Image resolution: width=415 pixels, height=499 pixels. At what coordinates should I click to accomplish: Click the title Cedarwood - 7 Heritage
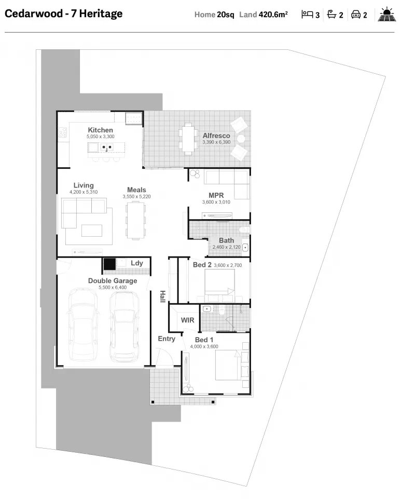(x=64, y=14)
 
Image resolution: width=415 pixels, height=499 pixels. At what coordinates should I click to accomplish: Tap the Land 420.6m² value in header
(x=264, y=15)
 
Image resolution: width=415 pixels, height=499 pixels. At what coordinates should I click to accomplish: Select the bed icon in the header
(x=307, y=15)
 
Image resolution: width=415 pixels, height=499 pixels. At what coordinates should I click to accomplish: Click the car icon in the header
(x=356, y=15)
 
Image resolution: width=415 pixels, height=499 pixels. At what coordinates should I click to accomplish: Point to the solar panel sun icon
(x=386, y=15)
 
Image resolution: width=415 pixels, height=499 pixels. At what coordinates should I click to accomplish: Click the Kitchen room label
(x=100, y=130)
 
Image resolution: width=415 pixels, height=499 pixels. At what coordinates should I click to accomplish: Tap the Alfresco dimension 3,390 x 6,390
(x=216, y=142)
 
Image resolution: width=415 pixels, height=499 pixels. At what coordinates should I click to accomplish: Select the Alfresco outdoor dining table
(x=188, y=139)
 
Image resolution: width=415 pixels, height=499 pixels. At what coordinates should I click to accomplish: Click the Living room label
(x=84, y=185)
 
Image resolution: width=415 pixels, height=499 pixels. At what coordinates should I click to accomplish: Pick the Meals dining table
(x=136, y=220)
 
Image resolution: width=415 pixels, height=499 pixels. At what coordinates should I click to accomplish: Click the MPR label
(x=216, y=195)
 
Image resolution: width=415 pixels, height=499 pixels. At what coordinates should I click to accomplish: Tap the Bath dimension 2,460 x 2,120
(x=226, y=248)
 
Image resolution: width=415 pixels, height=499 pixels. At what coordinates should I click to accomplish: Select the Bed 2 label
(x=202, y=265)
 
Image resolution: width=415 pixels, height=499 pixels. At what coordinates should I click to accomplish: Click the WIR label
(x=187, y=320)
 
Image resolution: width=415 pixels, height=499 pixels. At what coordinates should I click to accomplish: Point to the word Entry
(x=167, y=339)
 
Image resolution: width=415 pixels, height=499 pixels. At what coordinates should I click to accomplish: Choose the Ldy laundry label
(x=136, y=263)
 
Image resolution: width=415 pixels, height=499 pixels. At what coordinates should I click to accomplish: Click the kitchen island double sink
(x=106, y=148)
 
